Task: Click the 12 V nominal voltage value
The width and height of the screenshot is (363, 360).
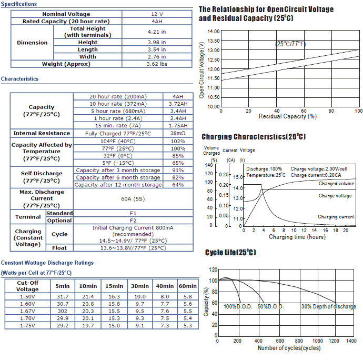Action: [157, 14]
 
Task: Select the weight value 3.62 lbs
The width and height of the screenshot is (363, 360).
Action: [157, 64]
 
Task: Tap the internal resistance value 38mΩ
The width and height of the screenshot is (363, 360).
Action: [178, 133]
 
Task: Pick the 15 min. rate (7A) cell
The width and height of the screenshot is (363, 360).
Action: [118, 126]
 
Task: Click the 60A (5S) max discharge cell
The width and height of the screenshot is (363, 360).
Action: [133, 199]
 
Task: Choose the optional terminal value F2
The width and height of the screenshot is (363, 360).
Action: [133, 221]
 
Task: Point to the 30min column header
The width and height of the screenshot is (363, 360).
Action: [140, 286]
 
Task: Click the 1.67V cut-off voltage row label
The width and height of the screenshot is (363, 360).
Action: [27, 311]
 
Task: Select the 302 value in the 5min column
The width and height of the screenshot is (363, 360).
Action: [63, 311]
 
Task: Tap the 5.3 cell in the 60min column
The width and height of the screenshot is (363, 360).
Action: [187, 325]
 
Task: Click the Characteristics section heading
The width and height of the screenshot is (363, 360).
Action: [19, 79]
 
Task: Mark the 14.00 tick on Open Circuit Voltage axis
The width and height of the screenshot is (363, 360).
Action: [214, 31]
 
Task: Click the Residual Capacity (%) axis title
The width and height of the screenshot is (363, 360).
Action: [288, 116]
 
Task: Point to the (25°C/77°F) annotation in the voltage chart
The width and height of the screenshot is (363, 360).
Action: [290, 44]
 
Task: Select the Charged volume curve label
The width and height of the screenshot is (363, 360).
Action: [336, 184]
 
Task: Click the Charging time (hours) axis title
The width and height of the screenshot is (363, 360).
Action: [297, 237]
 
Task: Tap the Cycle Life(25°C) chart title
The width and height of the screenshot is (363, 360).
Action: [230, 252]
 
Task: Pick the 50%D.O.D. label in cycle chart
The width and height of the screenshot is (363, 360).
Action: [270, 306]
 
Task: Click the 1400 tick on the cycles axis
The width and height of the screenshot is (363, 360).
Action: [351, 341]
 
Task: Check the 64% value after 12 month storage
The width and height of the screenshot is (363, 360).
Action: [178, 185]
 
